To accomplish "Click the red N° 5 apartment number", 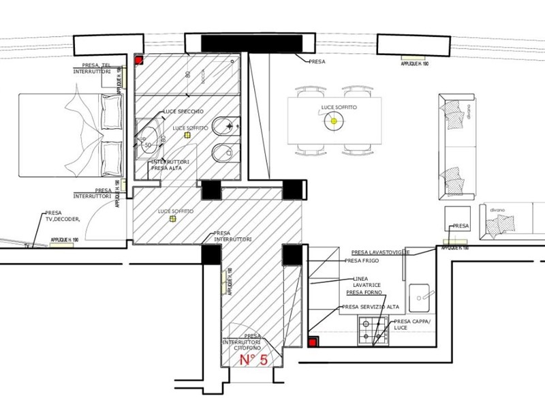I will pos(253,361).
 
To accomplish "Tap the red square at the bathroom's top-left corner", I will pos(138,60).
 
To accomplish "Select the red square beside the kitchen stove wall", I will pos(313,342).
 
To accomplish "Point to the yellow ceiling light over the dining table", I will pos(333,122).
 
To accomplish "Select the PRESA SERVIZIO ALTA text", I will pos(371,307).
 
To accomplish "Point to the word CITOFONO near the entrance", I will pos(246,348).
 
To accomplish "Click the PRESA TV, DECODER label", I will pos(63,216).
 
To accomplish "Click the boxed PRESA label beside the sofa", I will pos(461,226).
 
